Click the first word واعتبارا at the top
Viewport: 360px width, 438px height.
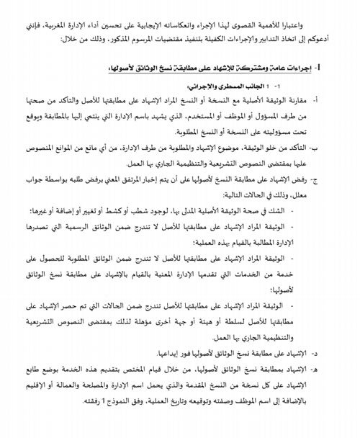(323, 14)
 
